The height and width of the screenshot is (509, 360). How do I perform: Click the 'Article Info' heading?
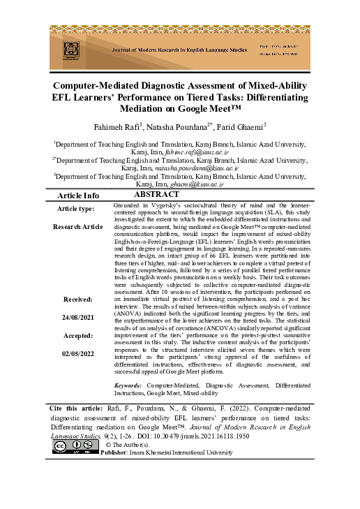[77, 196]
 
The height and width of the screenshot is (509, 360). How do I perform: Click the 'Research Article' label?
[77, 227]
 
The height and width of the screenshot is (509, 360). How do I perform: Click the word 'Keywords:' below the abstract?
[128, 385]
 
